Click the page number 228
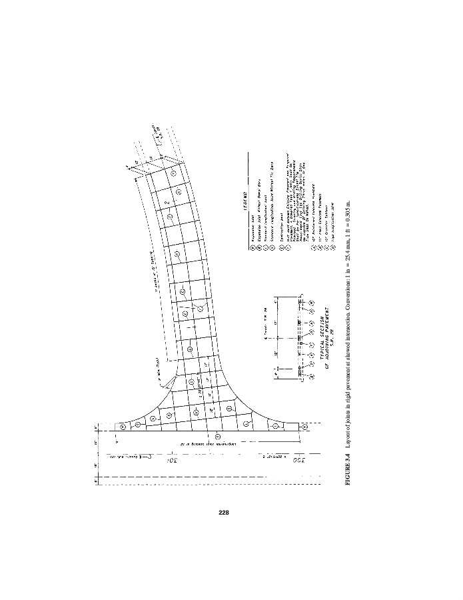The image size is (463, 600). click(x=224, y=513)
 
